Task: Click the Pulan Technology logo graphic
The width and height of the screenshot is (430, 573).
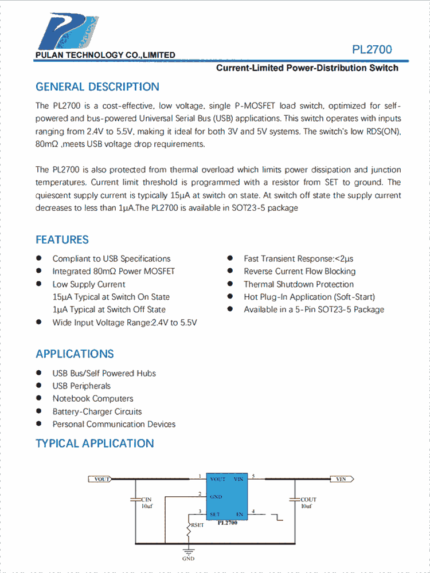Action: (x=68, y=32)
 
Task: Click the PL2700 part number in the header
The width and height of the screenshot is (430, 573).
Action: (x=372, y=50)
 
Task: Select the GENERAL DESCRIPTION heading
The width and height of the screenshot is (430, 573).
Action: (x=97, y=87)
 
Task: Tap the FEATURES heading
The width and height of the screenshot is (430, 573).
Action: (x=62, y=240)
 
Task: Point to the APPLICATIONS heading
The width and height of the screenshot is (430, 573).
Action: (x=75, y=354)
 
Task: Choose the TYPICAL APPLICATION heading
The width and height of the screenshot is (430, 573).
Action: (x=95, y=444)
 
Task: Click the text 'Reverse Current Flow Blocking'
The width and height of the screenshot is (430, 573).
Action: (x=299, y=272)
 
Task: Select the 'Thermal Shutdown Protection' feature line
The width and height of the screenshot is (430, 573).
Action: (x=299, y=284)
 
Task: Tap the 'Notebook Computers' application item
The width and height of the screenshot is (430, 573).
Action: (x=93, y=399)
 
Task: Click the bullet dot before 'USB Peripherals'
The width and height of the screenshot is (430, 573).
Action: (x=39, y=386)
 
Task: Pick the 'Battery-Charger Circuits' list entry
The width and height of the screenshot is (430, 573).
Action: (x=97, y=411)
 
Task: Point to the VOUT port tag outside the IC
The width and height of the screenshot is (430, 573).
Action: (x=100, y=479)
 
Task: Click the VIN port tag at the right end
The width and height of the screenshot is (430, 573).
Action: (x=342, y=479)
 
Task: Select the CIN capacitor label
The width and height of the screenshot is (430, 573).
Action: (x=147, y=500)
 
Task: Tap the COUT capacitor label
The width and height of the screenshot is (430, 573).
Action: (x=308, y=500)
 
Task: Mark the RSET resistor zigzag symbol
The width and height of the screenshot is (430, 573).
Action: (x=188, y=529)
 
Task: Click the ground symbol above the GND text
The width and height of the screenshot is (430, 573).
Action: (x=188, y=551)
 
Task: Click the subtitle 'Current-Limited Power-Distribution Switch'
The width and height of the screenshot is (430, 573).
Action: (x=307, y=68)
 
